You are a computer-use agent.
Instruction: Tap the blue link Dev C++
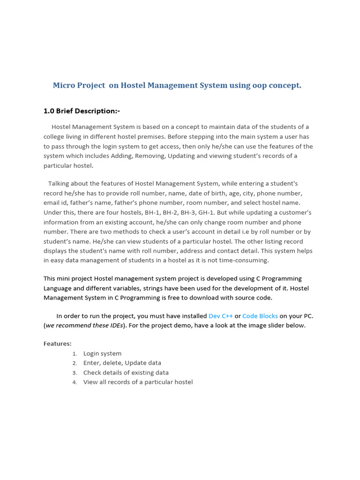(x=220, y=316)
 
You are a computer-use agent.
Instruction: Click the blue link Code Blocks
(x=260, y=316)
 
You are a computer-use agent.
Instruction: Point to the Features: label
(x=58, y=344)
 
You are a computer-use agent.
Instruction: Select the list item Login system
(x=102, y=353)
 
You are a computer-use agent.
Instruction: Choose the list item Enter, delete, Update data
(x=122, y=363)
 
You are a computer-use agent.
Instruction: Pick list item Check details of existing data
(x=126, y=373)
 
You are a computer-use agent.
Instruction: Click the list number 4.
(x=75, y=382)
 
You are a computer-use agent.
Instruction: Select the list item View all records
(x=138, y=382)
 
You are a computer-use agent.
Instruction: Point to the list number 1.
(x=75, y=354)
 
